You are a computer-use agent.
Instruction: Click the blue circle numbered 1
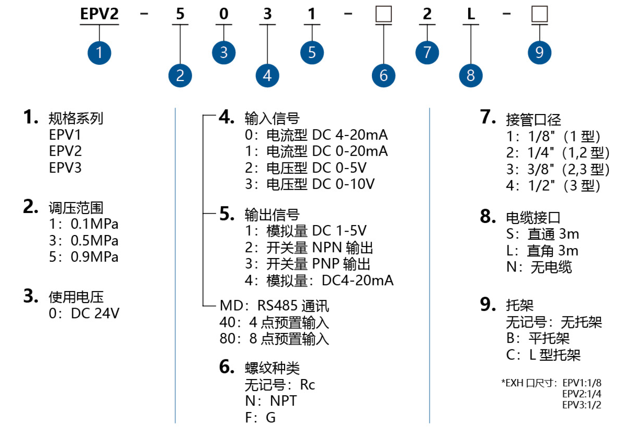pyautogui.click(x=99, y=53)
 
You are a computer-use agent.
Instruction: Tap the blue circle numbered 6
pyautogui.click(x=383, y=76)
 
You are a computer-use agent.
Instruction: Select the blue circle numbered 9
pyautogui.click(x=539, y=52)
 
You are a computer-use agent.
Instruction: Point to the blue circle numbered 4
pyautogui.click(x=267, y=76)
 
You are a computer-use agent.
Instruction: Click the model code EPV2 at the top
pyautogui.click(x=99, y=14)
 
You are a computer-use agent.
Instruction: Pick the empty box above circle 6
pyautogui.click(x=383, y=14)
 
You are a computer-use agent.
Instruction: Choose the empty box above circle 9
pyautogui.click(x=539, y=14)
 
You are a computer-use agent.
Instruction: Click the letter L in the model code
pyautogui.click(x=471, y=14)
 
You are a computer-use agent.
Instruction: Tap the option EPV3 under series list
pyautogui.click(x=65, y=168)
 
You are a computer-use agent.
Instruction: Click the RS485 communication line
pyautogui.click(x=274, y=306)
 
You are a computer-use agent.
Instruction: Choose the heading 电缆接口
pyautogui.click(x=533, y=218)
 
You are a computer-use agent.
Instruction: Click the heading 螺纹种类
pyautogui.click(x=272, y=368)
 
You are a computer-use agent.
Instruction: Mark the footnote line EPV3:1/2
pyautogui.click(x=582, y=405)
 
